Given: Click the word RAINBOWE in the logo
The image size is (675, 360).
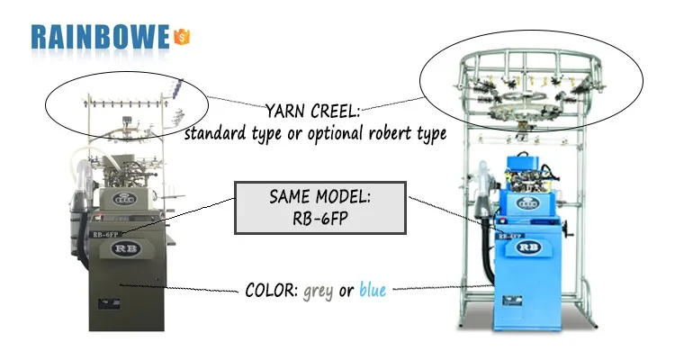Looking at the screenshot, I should coord(99,36).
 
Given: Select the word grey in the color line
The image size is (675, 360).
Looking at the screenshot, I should coord(319,291).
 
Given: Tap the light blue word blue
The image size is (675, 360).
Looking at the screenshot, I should coord(372,291).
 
